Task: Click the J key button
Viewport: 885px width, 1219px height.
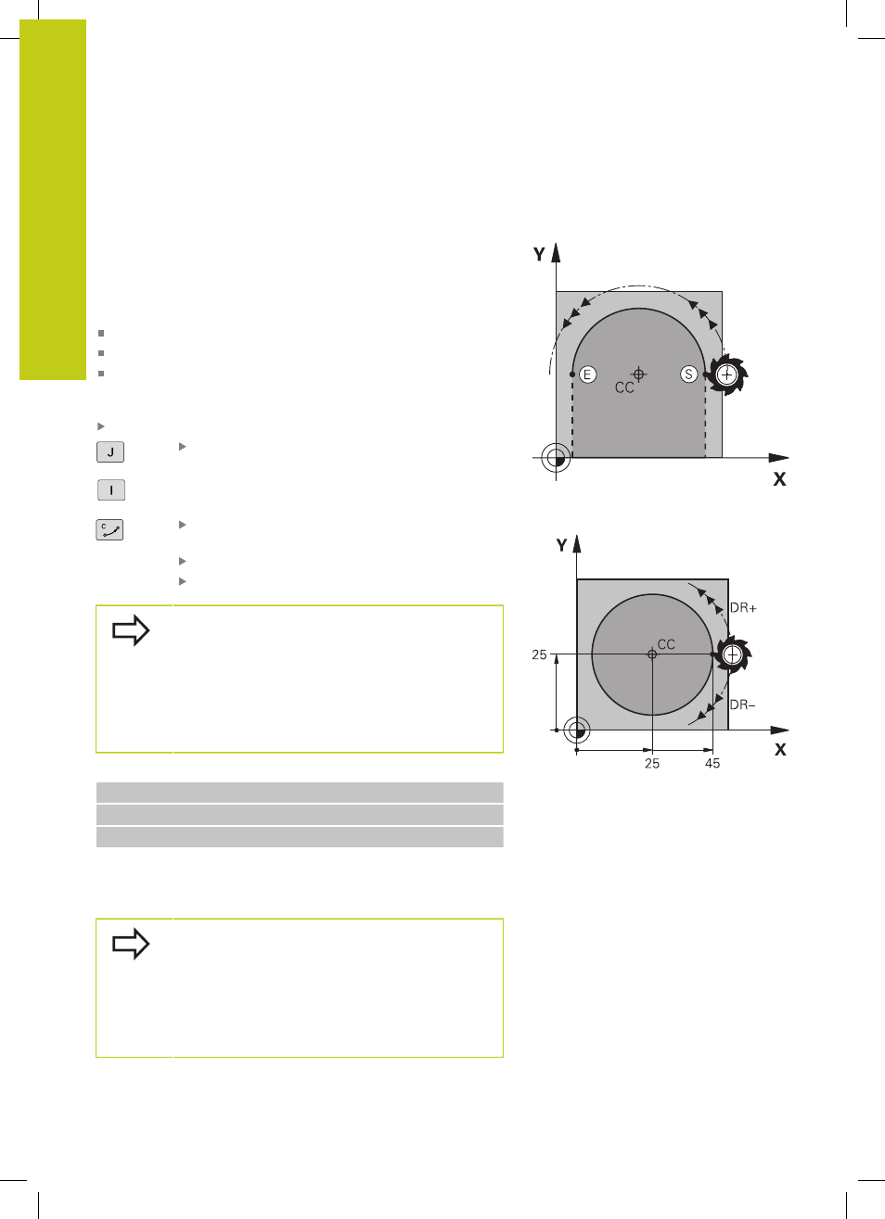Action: pos(110,451)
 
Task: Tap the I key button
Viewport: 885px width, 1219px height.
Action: pos(111,489)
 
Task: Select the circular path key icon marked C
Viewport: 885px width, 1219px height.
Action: pos(109,529)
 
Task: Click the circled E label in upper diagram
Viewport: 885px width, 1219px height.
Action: pos(587,375)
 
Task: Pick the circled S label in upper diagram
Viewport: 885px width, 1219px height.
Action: pos(689,375)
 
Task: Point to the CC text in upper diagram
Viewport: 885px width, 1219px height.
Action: pos(624,387)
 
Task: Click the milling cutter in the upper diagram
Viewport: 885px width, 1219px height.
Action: pos(727,375)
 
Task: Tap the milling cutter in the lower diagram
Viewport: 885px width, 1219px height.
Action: pos(733,654)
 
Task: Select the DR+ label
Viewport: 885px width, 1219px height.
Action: pos(743,607)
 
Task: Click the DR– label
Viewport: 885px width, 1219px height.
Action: pos(742,705)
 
